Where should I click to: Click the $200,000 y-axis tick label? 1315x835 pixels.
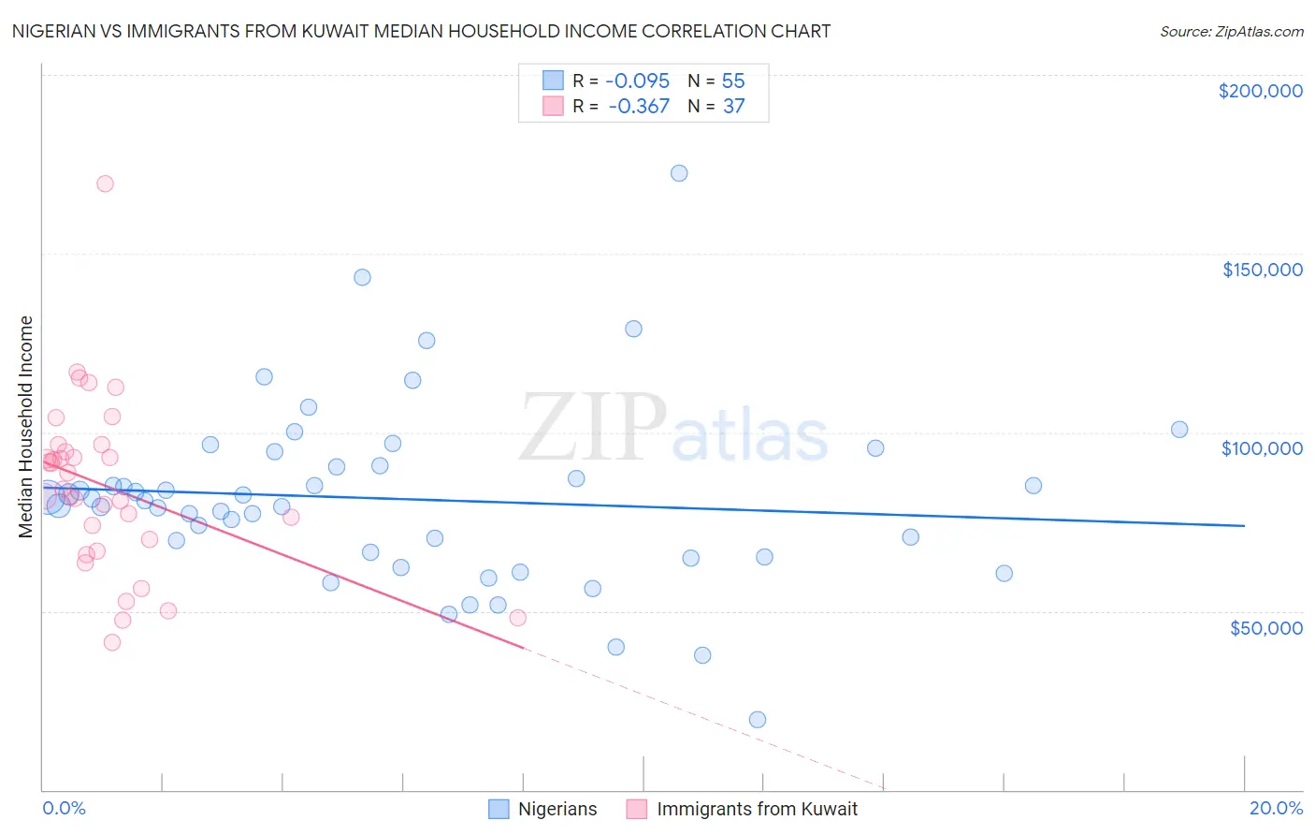click(x=1260, y=91)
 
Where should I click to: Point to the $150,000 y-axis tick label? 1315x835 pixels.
click(x=1262, y=270)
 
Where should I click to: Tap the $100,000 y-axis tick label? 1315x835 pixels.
click(x=1262, y=448)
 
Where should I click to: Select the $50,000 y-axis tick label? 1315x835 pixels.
click(x=1265, y=627)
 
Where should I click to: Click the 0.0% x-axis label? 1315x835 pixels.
click(x=64, y=808)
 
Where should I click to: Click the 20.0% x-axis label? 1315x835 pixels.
click(x=1276, y=808)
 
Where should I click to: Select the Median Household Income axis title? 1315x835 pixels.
click(x=26, y=427)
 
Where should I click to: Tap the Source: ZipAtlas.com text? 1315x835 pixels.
click(x=1231, y=31)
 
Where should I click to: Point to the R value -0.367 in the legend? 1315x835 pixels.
click(x=640, y=106)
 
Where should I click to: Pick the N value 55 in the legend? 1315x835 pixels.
click(x=733, y=81)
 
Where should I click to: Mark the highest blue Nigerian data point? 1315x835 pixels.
click(x=679, y=173)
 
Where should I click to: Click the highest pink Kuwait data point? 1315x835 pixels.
click(x=105, y=183)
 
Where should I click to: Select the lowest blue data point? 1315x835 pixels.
click(x=758, y=720)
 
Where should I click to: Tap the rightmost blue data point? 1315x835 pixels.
click(x=1179, y=430)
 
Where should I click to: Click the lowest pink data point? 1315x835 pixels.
click(x=112, y=642)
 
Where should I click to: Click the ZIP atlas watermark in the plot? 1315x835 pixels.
click(x=673, y=430)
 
